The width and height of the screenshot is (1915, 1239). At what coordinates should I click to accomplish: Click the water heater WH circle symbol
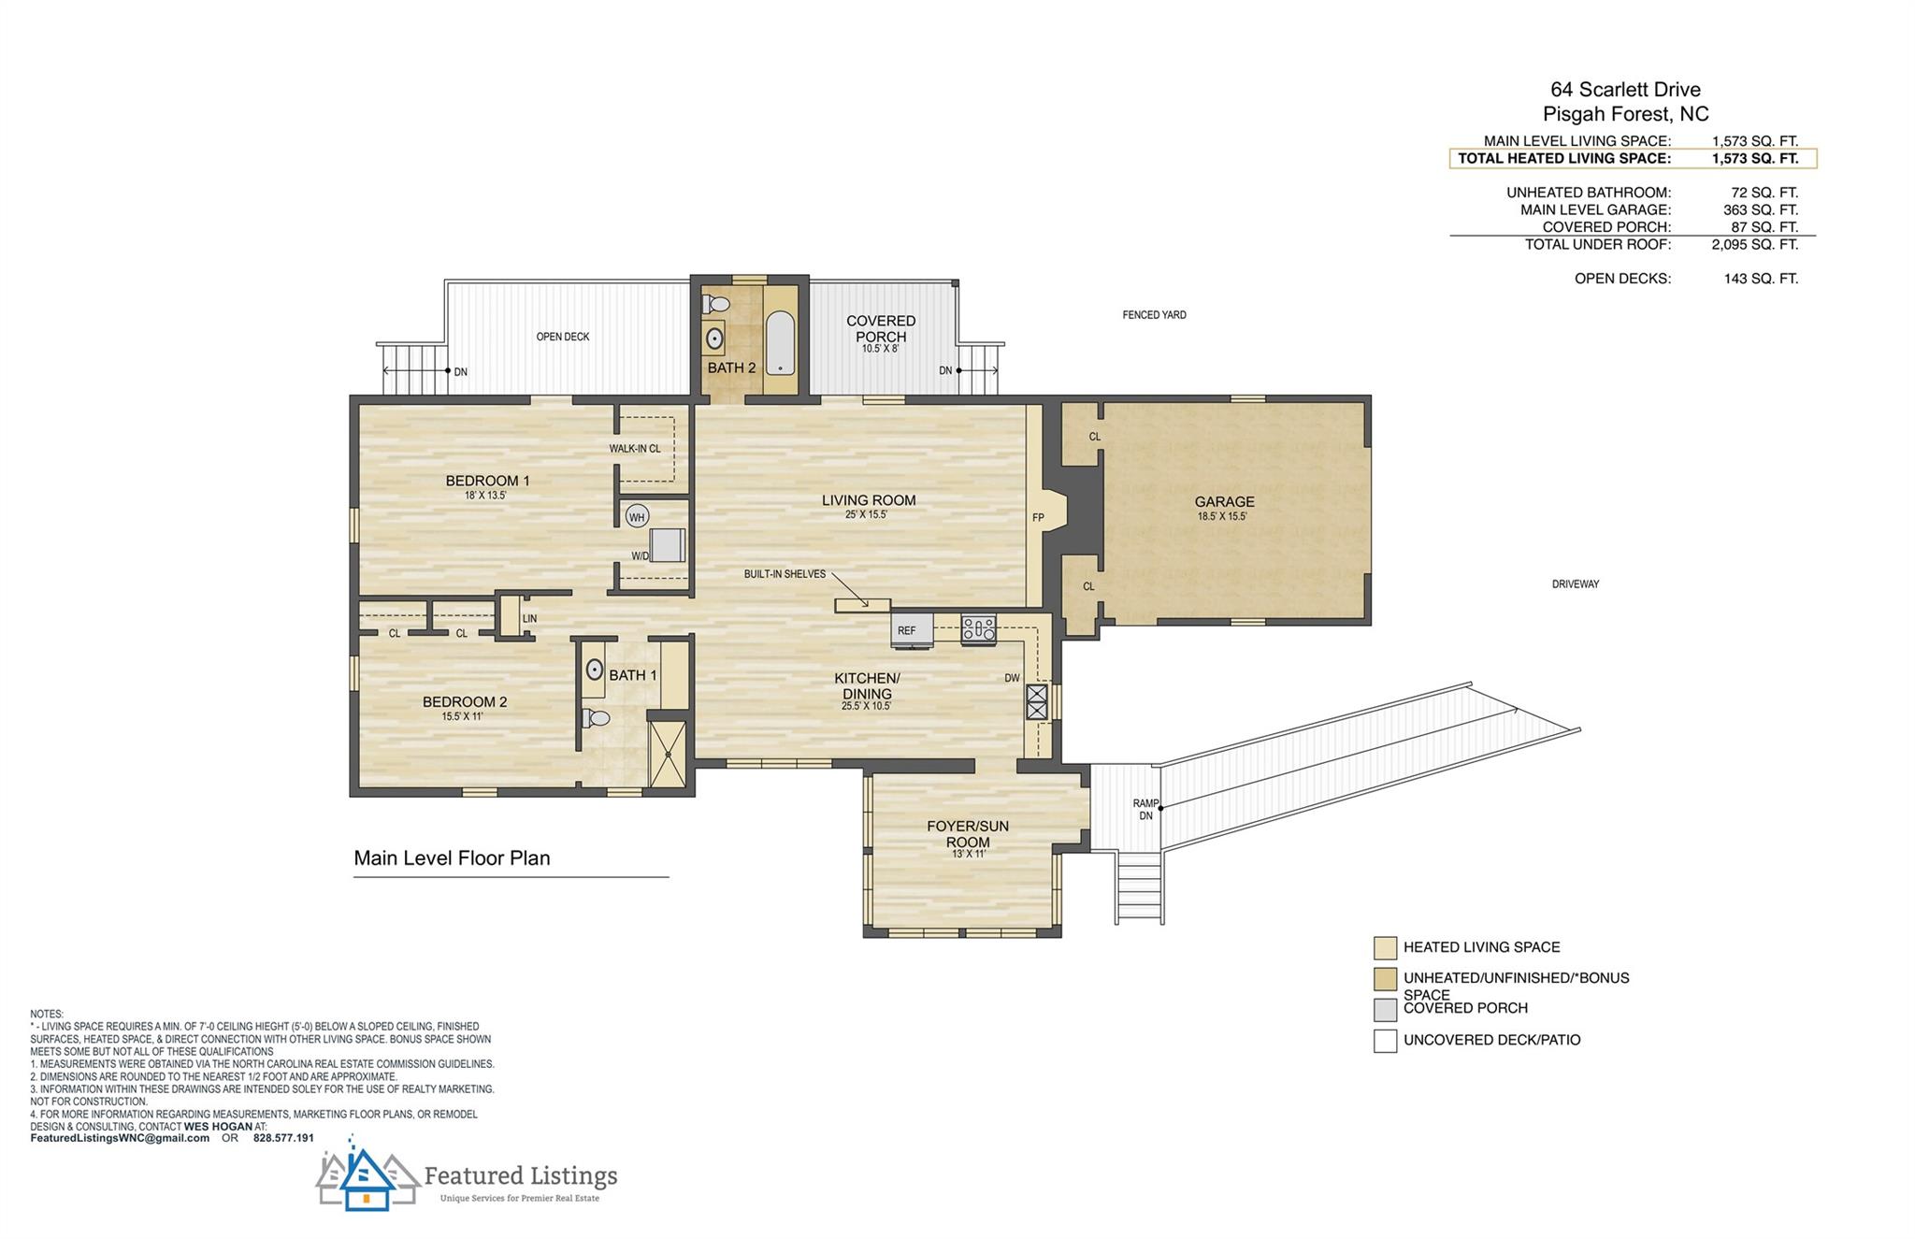pos(637,517)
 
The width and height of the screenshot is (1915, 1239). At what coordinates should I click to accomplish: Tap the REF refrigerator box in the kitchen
pos(912,629)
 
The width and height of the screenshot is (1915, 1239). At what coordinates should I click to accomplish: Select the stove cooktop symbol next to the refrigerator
pos(979,628)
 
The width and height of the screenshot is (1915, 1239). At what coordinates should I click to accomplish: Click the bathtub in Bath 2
pos(780,342)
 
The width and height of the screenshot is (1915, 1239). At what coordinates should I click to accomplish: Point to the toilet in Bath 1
pos(596,718)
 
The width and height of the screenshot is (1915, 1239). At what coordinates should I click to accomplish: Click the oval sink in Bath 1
pos(595,670)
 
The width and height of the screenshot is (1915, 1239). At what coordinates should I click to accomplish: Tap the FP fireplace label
pos(1038,517)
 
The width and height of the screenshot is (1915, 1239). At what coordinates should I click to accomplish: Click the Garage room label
pos(1224,502)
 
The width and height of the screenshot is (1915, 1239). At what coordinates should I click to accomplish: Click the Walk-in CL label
pos(635,449)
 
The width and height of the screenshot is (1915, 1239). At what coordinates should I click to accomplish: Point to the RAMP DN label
pos(1145,809)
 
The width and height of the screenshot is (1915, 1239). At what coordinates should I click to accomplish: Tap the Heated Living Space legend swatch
pos(1385,947)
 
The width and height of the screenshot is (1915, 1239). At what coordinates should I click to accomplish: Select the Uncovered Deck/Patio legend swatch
pos(1385,1040)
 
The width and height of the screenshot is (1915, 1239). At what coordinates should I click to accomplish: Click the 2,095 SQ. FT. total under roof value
pos(1761,245)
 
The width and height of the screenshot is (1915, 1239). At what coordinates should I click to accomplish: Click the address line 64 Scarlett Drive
pos(1625,90)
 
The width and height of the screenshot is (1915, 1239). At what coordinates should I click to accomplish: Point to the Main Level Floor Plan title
pos(452,858)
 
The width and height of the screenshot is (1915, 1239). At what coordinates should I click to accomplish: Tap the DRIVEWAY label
pos(1576,584)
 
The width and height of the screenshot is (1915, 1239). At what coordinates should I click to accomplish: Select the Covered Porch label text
pos(881,328)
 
